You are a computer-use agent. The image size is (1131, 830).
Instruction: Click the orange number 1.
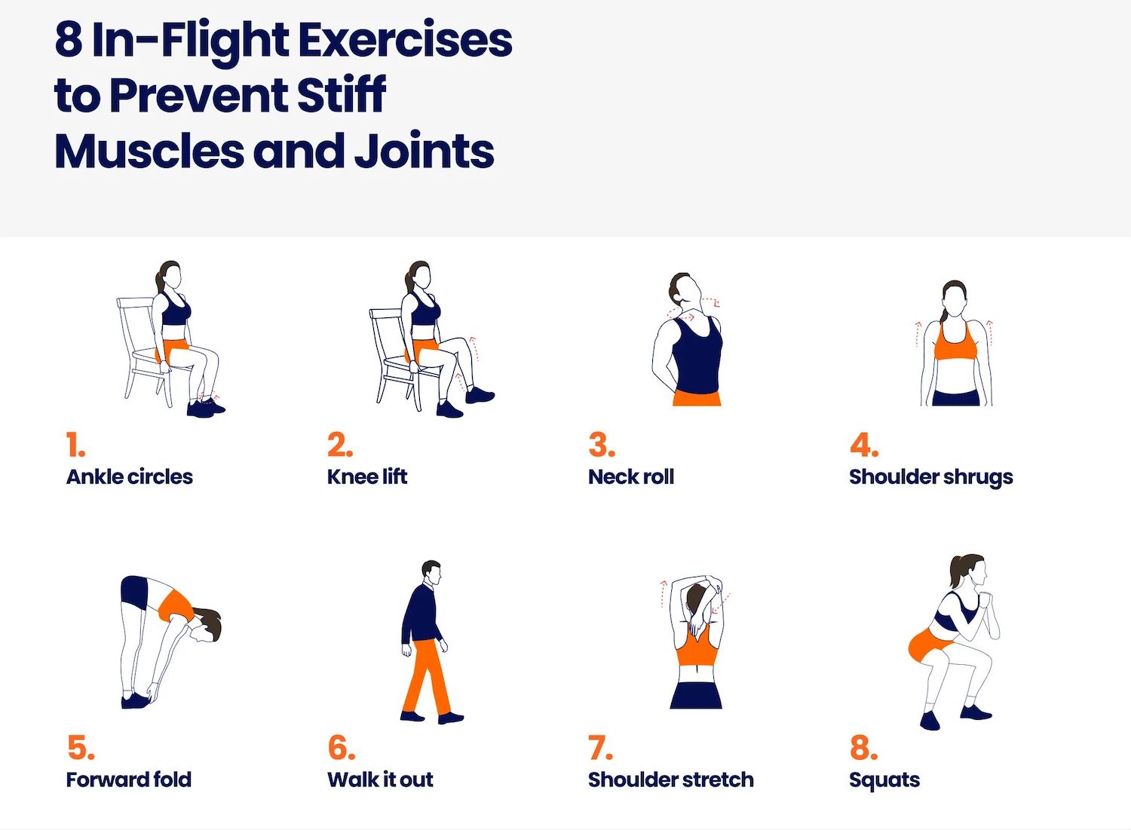[x=75, y=445]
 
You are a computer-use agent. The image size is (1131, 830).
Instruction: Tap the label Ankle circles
[x=129, y=476]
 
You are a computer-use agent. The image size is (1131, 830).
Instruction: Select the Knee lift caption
[x=367, y=476]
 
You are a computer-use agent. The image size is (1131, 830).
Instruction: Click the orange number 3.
[x=602, y=445]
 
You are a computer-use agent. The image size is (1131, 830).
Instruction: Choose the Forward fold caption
[x=129, y=779]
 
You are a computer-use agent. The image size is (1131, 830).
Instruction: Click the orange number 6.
[x=342, y=748]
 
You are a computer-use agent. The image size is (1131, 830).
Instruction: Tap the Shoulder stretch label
[x=671, y=779]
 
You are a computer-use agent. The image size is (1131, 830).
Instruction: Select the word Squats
[x=884, y=780]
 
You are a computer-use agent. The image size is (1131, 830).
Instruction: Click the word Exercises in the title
[x=405, y=40]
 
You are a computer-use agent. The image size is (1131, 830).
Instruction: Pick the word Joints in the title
[x=424, y=151]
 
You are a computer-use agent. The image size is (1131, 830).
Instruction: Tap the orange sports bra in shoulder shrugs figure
[x=955, y=341]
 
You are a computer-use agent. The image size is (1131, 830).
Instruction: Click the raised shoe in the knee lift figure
[x=479, y=394]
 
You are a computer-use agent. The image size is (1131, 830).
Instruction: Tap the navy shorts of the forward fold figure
[x=134, y=588]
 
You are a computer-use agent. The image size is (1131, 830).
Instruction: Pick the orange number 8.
[x=863, y=748]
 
